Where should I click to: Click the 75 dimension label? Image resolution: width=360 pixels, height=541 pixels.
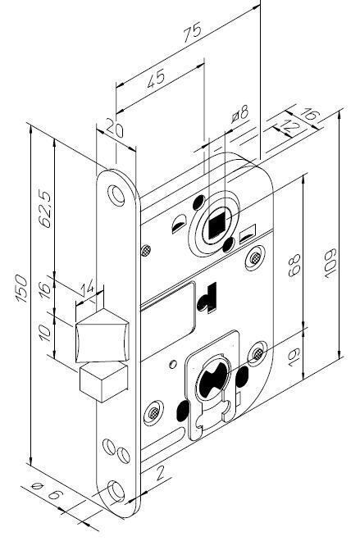click(192, 33)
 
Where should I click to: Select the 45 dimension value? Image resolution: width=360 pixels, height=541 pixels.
click(156, 79)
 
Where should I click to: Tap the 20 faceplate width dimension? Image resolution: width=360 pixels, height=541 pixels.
click(114, 128)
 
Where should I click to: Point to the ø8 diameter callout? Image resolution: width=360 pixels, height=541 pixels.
click(240, 113)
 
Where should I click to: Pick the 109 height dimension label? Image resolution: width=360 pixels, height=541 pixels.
click(330, 264)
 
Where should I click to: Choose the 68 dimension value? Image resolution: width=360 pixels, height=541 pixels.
click(294, 265)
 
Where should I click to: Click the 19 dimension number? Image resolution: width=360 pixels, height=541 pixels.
click(294, 357)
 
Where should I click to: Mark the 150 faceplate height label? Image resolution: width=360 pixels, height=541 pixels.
click(21, 289)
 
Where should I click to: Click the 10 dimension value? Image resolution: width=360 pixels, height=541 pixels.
click(45, 332)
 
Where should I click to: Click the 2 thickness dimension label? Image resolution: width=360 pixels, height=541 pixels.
click(160, 473)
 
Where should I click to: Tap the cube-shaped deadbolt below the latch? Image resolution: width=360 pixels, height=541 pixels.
click(104, 382)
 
